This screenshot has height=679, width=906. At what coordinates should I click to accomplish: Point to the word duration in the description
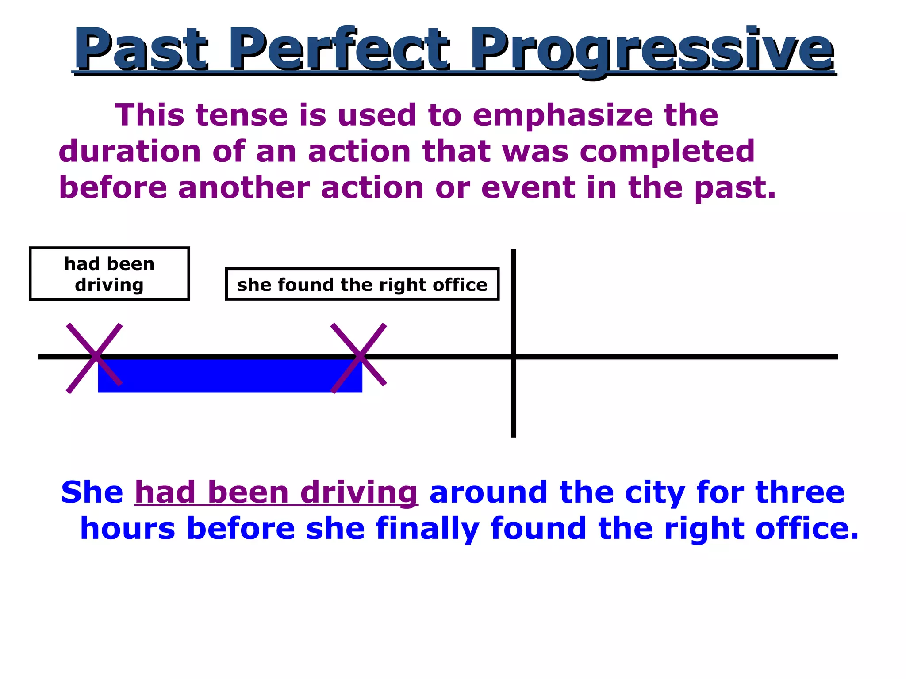(x=130, y=152)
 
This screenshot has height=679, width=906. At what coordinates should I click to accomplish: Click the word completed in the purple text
(x=667, y=152)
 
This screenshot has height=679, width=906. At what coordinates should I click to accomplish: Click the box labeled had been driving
(x=109, y=274)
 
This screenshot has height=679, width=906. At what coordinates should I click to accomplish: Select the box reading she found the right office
(x=362, y=285)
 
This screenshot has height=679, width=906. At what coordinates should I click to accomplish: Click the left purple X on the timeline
(x=95, y=358)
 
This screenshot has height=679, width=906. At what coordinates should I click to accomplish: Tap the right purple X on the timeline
(x=359, y=358)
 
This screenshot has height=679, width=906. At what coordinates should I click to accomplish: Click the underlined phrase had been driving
(x=276, y=492)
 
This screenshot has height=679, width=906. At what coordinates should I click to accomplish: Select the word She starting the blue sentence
(x=92, y=492)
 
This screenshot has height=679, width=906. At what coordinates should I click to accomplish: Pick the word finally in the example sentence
(x=427, y=530)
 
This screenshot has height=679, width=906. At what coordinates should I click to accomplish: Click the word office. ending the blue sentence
(x=806, y=529)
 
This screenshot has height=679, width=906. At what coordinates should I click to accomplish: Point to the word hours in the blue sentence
(x=128, y=529)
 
